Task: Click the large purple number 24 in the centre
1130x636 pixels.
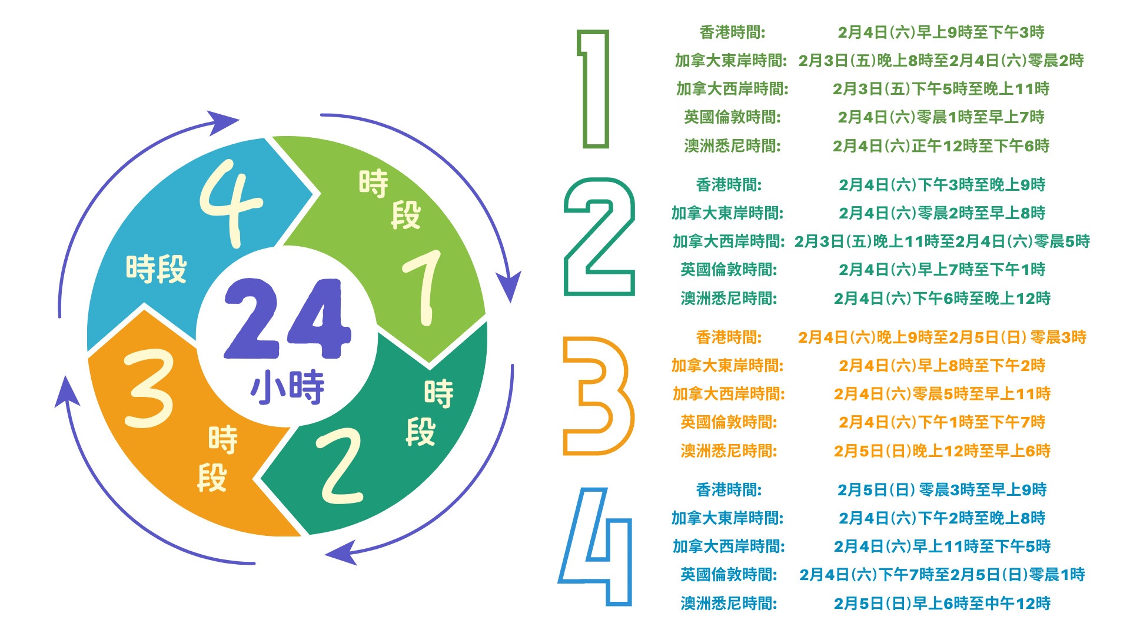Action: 287,319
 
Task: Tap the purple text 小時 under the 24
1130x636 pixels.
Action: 287,387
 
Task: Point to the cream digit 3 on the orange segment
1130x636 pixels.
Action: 148,389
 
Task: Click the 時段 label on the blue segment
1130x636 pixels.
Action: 156,269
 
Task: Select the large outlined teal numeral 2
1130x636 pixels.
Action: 599,236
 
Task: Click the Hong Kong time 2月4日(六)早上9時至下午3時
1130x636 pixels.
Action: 940,32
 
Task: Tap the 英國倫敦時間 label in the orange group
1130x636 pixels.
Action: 729,422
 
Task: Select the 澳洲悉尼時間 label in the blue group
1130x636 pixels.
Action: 729,604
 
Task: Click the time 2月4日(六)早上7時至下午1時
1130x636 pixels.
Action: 942,270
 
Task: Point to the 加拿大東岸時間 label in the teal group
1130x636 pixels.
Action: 727,213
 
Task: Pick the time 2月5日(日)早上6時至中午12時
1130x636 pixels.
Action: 942,604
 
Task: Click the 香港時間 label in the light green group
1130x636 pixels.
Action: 732,32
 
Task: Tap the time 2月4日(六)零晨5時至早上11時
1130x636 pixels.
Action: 942,394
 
